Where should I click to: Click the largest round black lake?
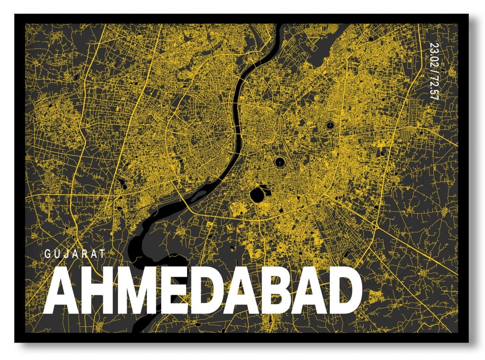pos(258,194)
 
